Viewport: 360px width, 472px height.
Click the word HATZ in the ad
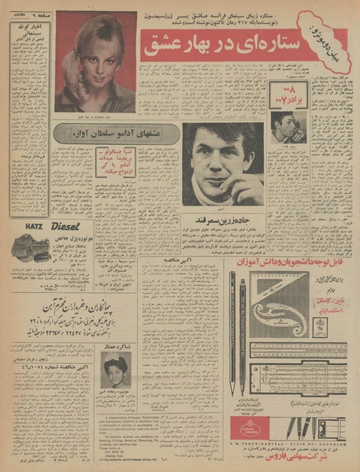(x=20, y=225)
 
